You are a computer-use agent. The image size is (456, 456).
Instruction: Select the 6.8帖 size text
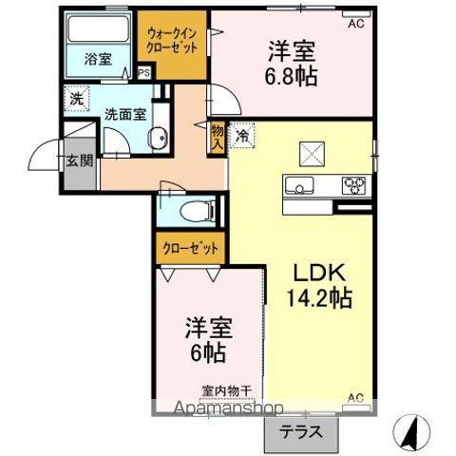[291, 76]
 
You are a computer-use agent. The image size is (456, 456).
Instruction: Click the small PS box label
[143, 72]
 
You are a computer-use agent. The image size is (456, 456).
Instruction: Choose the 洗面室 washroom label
[124, 111]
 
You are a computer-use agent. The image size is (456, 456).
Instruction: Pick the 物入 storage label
[218, 138]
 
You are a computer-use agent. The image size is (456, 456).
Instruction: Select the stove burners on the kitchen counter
[352, 184]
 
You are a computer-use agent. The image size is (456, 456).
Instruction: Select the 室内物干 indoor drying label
[226, 389]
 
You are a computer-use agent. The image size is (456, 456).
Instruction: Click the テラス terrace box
[299, 430]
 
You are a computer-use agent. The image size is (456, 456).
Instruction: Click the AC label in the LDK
[356, 396]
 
